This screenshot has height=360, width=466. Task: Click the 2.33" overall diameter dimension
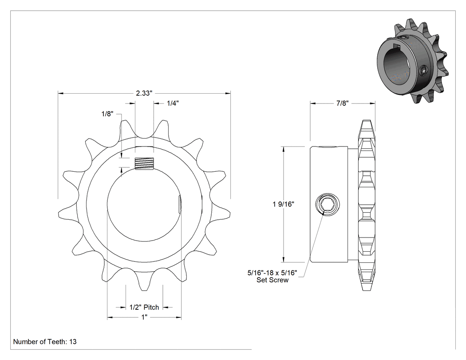point(144,93)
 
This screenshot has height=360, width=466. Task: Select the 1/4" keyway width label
point(173,103)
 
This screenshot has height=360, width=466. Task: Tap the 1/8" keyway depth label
point(107,114)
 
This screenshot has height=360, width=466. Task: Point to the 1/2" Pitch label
point(144,307)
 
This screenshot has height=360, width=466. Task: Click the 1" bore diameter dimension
point(144,317)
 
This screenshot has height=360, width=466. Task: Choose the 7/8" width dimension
point(342,103)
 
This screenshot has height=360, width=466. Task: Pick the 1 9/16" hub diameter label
point(283,204)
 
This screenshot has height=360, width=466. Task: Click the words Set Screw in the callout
point(272,280)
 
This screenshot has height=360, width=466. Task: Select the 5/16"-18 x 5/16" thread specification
point(272,273)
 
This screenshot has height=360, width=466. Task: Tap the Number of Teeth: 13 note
point(45,341)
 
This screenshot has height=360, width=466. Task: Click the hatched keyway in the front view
point(144,163)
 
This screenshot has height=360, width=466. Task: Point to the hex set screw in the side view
point(327,204)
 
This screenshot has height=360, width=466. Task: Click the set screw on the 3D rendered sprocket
point(423,71)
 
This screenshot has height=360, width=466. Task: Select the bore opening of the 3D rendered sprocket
point(398,68)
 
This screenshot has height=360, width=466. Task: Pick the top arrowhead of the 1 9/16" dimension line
point(284,149)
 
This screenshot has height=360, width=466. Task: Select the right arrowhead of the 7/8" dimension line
point(372,103)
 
